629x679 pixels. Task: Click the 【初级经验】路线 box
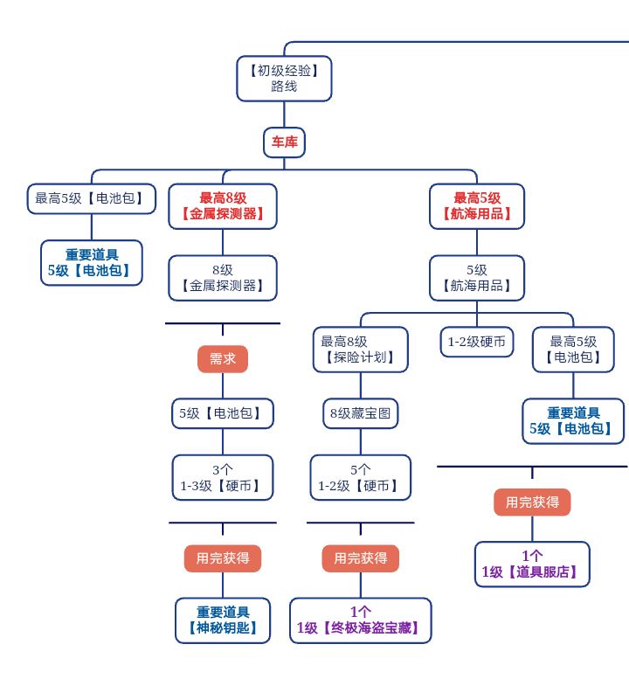(x=284, y=78)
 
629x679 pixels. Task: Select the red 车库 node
(x=284, y=142)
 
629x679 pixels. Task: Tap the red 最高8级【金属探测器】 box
(x=223, y=205)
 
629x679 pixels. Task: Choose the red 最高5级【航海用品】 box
(x=477, y=205)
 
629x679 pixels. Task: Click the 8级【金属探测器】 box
(x=223, y=278)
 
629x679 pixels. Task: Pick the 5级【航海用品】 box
(x=477, y=278)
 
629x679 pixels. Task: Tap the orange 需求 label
(x=223, y=359)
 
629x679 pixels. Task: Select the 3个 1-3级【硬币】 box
(x=223, y=477)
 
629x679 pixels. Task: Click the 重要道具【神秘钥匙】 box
(x=223, y=620)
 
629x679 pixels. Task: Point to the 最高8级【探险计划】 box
(x=360, y=349)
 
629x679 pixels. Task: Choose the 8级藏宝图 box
(x=360, y=412)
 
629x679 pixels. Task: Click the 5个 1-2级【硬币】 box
(x=360, y=477)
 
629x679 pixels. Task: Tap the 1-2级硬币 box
(x=476, y=342)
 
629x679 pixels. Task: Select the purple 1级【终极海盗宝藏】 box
(x=360, y=620)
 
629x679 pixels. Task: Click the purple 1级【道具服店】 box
(x=532, y=564)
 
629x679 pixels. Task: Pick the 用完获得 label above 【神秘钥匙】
(x=223, y=558)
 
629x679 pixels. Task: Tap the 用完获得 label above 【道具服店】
(x=532, y=502)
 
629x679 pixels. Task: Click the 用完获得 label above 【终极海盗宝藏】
(x=360, y=558)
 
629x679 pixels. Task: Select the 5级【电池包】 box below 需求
(x=223, y=412)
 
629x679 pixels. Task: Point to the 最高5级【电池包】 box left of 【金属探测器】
(x=85, y=198)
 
